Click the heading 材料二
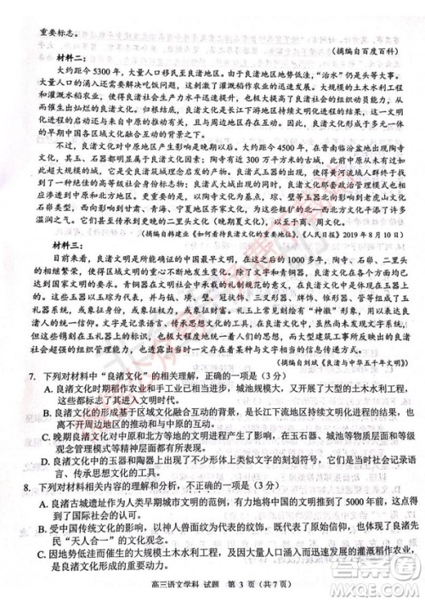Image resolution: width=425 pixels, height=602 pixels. pyautogui.click(x=49, y=72)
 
